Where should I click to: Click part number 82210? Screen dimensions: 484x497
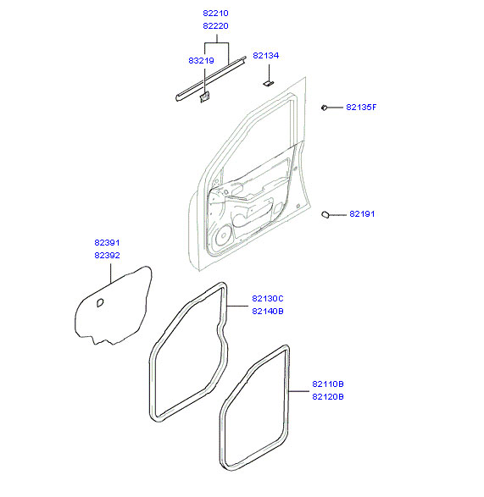point(215,14)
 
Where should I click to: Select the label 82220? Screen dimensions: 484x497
point(215,26)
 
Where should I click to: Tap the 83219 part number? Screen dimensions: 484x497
point(201,61)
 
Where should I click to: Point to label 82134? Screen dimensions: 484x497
point(265,56)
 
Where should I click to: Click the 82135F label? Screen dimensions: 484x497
point(361,108)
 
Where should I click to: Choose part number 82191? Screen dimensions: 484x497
point(362,214)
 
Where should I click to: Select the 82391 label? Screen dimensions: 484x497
point(107,243)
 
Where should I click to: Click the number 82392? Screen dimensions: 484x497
point(107,256)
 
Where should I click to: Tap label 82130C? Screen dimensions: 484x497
point(268,299)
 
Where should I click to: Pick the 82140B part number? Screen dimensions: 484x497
point(268,312)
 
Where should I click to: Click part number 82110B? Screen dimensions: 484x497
point(328,384)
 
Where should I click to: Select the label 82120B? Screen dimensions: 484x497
point(328,397)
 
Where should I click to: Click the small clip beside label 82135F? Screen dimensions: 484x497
point(324,108)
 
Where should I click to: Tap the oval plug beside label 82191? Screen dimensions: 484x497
point(325,214)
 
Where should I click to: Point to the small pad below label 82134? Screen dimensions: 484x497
point(268,83)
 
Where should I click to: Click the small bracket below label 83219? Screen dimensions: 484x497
point(204,97)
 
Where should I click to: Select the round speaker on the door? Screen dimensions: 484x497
point(223,235)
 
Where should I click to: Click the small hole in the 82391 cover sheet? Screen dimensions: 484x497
point(100,303)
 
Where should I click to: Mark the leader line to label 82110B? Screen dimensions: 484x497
point(298,391)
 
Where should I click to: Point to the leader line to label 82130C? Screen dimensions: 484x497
point(237,306)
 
